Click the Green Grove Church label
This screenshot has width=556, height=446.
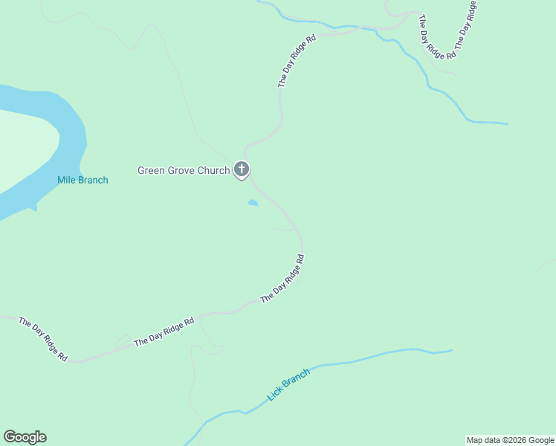[184, 171]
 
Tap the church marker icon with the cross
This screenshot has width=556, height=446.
[242, 170]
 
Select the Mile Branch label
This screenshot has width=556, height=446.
[83, 180]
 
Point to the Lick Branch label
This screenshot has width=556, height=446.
[288, 384]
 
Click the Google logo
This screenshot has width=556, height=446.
[25, 437]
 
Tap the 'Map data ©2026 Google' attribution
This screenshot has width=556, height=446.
[511, 440]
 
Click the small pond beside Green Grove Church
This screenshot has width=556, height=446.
[253, 202]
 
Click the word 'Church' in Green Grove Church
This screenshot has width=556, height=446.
[213, 171]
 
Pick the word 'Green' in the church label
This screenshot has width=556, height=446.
[150, 171]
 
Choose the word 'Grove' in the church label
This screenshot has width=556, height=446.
[181, 171]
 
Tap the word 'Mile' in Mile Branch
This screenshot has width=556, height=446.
[66, 180]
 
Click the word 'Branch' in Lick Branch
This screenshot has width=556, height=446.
[295, 379]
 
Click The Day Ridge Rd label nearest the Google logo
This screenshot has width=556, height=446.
[43, 340]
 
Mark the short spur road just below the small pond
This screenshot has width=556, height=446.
[285, 230]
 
